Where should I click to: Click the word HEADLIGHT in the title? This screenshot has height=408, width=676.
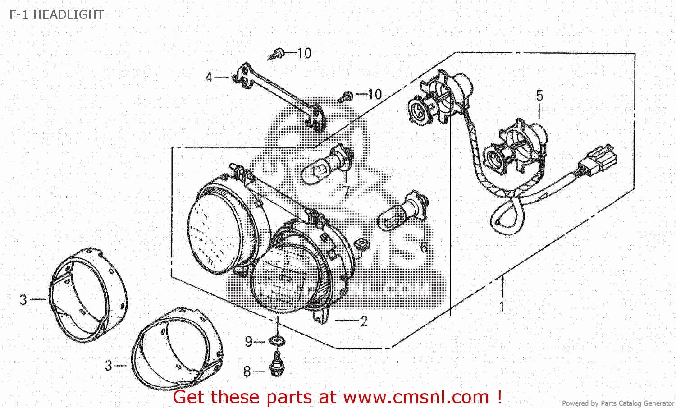click(69, 15)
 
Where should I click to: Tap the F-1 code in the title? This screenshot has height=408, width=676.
click(19, 15)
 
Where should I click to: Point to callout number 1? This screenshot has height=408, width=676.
click(502, 307)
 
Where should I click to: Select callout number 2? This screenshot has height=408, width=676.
click(364, 321)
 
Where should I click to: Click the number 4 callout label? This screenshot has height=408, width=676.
click(209, 77)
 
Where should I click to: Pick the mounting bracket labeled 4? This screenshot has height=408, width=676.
click(279, 96)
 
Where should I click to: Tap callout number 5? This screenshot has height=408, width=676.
click(539, 96)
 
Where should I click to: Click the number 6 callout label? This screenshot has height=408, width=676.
click(424, 248)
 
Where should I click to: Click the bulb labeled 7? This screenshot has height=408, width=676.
click(328, 164)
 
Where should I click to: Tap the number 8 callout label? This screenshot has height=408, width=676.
click(247, 371)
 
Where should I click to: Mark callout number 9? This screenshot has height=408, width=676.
click(248, 342)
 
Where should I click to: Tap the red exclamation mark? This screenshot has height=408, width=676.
click(499, 397)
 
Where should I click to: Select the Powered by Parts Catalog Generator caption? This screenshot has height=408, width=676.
click(618, 403)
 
